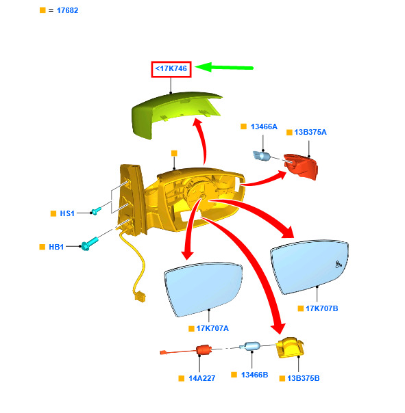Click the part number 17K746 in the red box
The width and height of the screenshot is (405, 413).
171,69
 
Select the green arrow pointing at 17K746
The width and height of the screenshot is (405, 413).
224,68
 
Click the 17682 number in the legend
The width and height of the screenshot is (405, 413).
68,10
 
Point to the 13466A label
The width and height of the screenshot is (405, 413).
264,126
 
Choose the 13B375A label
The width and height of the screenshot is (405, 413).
310,132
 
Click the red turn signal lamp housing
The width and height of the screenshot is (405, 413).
301,166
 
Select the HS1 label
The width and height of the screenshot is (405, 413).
67,213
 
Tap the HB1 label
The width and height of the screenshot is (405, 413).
56,247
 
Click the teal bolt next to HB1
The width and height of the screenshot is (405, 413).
90,244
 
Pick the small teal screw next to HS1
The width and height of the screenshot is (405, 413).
96,211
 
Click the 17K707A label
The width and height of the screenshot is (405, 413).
212,328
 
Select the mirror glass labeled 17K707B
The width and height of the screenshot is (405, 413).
310,267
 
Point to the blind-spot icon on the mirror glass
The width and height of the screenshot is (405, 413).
339,264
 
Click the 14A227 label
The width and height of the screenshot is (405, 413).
202,378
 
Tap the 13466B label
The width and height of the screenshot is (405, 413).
254,375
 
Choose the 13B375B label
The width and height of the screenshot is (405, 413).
304,378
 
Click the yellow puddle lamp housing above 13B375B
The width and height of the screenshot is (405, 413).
290,347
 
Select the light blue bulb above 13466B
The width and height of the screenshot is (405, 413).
250,346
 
